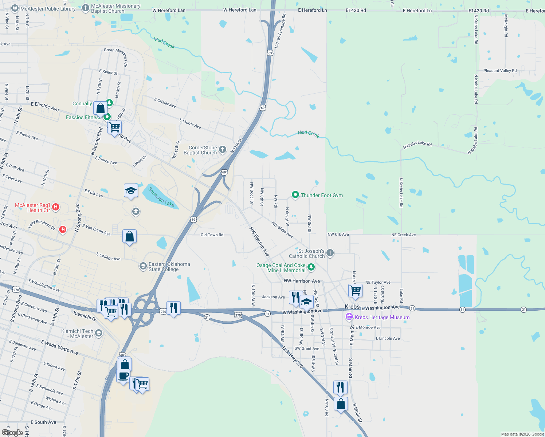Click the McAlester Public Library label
coord(48,9)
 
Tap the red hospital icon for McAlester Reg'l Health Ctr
coord(56,207)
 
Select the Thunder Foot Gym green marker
coord(295,195)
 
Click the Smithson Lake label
coord(161,197)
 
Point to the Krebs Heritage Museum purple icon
coord(349,317)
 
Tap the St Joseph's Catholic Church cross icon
coord(330,253)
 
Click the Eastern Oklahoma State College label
coord(169,267)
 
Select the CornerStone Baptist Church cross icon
coord(223,150)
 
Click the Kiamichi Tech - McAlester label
coord(77,334)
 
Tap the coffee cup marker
coord(123,375)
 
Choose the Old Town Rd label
coord(212,235)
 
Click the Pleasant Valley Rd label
coord(500,71)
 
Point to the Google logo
coord(12,432)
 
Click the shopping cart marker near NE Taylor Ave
coord(355,291)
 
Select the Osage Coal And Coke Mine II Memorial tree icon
coord(311,267)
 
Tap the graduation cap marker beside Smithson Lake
coord(131,190)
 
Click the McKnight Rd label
coord(506,25)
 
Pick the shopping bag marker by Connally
coord(100,108)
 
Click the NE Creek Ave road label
coord(403,235)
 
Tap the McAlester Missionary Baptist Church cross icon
coord(85,8)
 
